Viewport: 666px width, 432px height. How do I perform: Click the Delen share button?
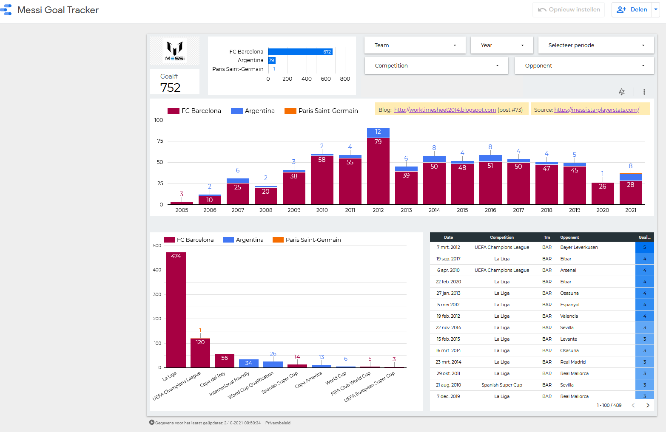coord(632,9)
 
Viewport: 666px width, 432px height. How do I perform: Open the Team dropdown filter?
coord(415,45)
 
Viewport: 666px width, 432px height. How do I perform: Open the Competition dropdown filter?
coord(436,65)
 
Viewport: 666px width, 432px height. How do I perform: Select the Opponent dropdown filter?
coord(584,65)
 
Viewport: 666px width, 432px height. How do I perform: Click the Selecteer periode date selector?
coord(595,45)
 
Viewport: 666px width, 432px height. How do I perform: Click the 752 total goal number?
coord(171,88)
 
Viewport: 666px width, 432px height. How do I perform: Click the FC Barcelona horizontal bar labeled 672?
coord(300,52)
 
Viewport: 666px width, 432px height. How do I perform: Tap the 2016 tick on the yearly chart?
coord(490,210)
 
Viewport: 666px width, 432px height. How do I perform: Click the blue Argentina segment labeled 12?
coord(378,132)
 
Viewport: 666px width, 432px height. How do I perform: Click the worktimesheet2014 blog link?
coord(445,110)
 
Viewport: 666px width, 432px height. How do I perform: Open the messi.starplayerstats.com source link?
coord(596,110)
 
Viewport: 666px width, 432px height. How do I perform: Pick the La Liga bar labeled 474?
coord(176,310)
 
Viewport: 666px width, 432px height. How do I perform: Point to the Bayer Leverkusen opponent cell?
coord(579,247)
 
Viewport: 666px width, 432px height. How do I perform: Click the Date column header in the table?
coord(448,237)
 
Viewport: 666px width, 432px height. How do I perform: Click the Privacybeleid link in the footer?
coord(278,423)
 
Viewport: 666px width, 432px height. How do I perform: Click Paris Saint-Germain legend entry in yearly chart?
coord(322,111)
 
